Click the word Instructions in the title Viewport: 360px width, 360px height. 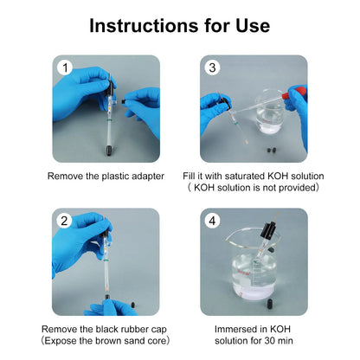tap(144, 25)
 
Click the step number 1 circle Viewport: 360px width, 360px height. tap(65, 68)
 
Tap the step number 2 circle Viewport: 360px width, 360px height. tap(64, 221)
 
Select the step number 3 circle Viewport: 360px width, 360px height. tap(212, 67)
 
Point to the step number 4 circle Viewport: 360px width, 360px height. tap(212, 221)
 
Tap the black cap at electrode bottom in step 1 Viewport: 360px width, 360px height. tap(109, 151)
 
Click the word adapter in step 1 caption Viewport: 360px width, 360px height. tap(148, 177)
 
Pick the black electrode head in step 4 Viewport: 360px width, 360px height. tap(267, 230)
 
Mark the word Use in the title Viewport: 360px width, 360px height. tap(253, 25)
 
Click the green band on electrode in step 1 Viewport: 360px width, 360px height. tap(109, 119)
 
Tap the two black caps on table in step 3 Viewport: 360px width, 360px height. tap(271, 150)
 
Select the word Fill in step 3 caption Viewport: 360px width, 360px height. tap(190, 177)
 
